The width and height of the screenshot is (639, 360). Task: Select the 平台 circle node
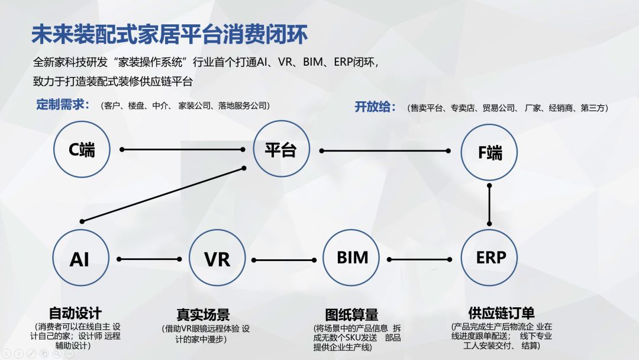click(280, 150)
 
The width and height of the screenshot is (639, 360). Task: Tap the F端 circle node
click(489, 153)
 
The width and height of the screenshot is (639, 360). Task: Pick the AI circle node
click(80, 259)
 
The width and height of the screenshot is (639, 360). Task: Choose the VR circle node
click(217, 259)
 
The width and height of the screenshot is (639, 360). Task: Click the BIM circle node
click(352, 258)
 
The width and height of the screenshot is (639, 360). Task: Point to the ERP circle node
click(490, 258)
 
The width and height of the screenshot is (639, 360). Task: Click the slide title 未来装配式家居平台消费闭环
click(170, 34)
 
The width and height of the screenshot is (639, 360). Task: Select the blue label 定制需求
click(63, 105)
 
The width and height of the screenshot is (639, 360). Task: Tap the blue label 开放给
click(375, 107)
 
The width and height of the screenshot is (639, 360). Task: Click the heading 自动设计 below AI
click(75, 313)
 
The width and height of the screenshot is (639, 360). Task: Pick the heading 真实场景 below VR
click(203, 314)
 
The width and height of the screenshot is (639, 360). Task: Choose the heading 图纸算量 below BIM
click(351, 314)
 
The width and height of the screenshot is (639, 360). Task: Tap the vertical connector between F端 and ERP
click(490, 204)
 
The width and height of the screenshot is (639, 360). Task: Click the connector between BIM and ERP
click(424, 259)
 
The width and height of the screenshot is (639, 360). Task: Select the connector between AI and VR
click(149, 259)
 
